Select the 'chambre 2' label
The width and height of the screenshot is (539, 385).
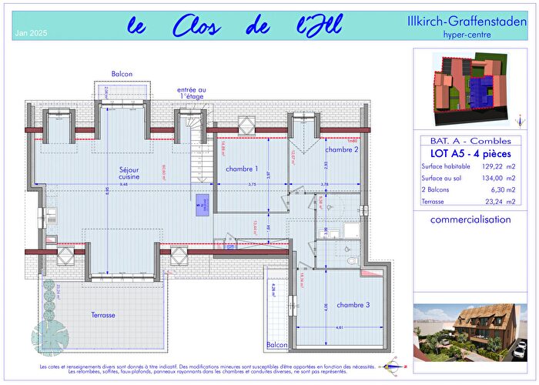pos(342,149)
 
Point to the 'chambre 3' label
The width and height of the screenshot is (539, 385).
pos(353,305)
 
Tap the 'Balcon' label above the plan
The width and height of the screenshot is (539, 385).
pos(122,74)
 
